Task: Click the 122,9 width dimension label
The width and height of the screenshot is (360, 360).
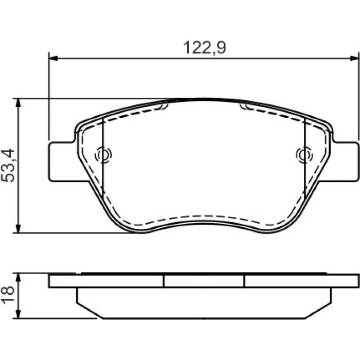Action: coord(205,47)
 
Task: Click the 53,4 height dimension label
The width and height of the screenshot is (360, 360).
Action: coord(8,166)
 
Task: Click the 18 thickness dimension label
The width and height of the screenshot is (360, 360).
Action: coord(8,295)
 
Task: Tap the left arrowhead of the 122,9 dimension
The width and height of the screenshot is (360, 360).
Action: coord(53,58)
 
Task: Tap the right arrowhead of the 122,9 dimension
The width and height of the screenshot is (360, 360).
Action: coord(354,58)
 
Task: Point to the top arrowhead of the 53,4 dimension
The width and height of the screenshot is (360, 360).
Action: coord(18,103)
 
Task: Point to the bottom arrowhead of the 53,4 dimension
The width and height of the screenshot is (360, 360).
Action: coord(18,229)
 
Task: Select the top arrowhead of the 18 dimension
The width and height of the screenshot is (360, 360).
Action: coord(18,278)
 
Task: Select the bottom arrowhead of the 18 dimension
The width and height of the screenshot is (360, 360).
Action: coord(18,314)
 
